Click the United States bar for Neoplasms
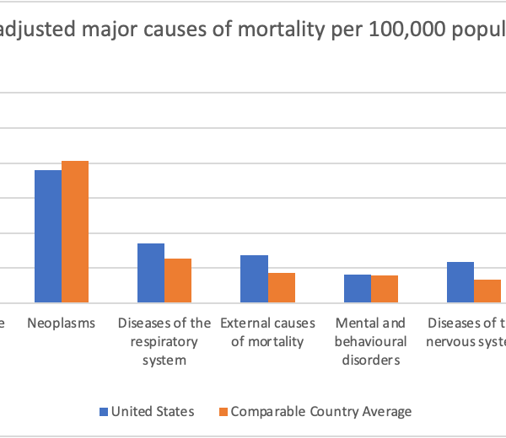(x=47, y=236)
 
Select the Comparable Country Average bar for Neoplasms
(x=75, y=232)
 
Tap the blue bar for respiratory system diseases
(x=151, y=273)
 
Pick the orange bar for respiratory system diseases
(x=178, y=280)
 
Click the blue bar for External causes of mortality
(x=254, y=279)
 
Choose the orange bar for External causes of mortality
(x=282, y=287)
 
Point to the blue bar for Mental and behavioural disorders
(x=358, y=288)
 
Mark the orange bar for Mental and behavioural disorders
(x=385, y=289)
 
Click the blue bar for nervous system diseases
(x=460, y=282)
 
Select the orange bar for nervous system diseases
(x=487, y=291)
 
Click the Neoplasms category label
(x=61, y=323)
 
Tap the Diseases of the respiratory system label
(x=164, y=342)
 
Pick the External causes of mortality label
(x=267, y=333)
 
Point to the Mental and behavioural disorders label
(x=370, y=342)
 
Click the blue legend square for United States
(x=105, y=412)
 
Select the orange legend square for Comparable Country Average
(x=223, y=412)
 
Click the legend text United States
(x=153, y=412)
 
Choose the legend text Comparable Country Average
(x=321, y=412)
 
